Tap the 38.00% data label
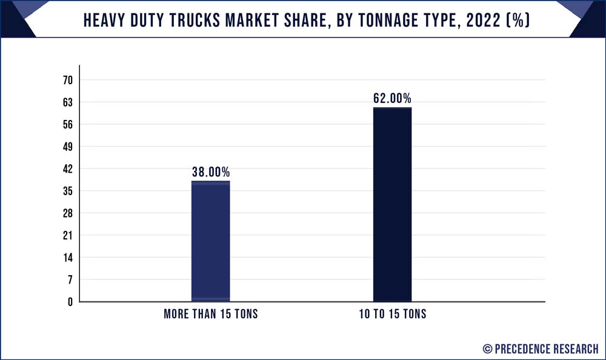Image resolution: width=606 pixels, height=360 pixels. coord(211,172)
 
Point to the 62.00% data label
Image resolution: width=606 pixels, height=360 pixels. coord(392,98)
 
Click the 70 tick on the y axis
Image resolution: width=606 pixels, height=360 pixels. coord(67,80)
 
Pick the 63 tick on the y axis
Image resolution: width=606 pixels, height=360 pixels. coord(67,102)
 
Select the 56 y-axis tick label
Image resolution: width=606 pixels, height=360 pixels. coord(67,125)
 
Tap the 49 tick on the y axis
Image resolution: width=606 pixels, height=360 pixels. coord(67,147)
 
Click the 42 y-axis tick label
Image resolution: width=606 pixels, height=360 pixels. coord(67,169)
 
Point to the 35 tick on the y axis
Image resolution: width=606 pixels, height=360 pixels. coord(67,191)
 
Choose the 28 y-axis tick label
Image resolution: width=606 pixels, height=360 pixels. coord(67,213)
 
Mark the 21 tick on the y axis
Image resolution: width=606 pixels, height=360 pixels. coord(67,235)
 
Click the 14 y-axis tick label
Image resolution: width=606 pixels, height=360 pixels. coord(67,258)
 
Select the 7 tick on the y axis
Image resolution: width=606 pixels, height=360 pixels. coord(70,279)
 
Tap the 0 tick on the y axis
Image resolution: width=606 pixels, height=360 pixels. coord(70,302)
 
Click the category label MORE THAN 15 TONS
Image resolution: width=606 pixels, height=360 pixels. coord(211,315)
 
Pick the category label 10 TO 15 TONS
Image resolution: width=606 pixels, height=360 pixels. coord(392,315)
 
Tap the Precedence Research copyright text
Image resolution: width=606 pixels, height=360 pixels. coord(540,348)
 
